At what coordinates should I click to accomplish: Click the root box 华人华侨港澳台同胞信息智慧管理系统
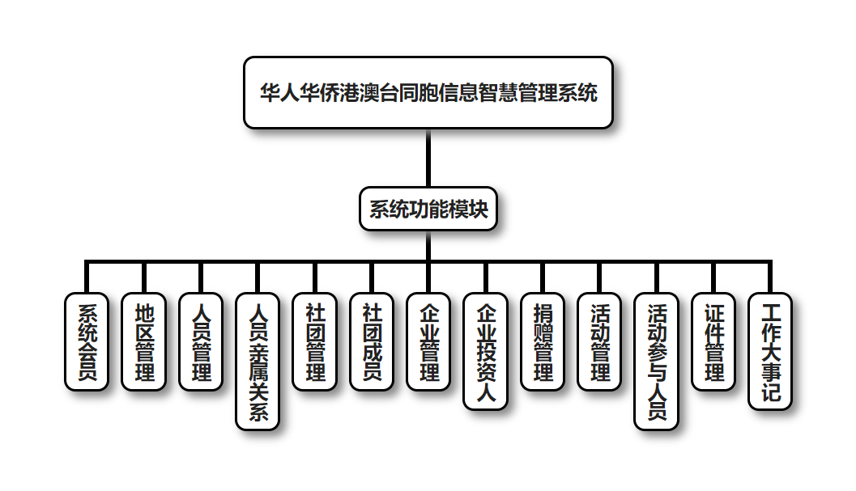[x=428, y=92]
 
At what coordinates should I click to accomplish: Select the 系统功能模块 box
[x=428, y=210]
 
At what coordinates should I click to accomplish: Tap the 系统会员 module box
[x=86, y=341]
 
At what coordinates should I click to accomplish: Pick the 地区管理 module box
[x=143, y=341]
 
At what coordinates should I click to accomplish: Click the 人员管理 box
[x=200, y=341]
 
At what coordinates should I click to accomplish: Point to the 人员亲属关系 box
[x=258, y=361]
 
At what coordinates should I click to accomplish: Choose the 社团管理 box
[x=314, y=341]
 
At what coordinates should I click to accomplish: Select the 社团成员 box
[x=372, y=341]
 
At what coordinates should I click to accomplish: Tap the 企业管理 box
[x=428, y=341]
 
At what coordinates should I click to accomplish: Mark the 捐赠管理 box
[x=543, y=341]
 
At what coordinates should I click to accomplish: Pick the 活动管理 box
[x=600, y=341]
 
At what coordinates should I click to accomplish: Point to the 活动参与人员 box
[x=657, y=361]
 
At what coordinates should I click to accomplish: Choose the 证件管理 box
[x=714, y=341]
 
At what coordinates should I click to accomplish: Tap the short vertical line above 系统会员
[x=86, y=277]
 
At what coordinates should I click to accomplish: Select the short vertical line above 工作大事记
[x=770, y=277]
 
